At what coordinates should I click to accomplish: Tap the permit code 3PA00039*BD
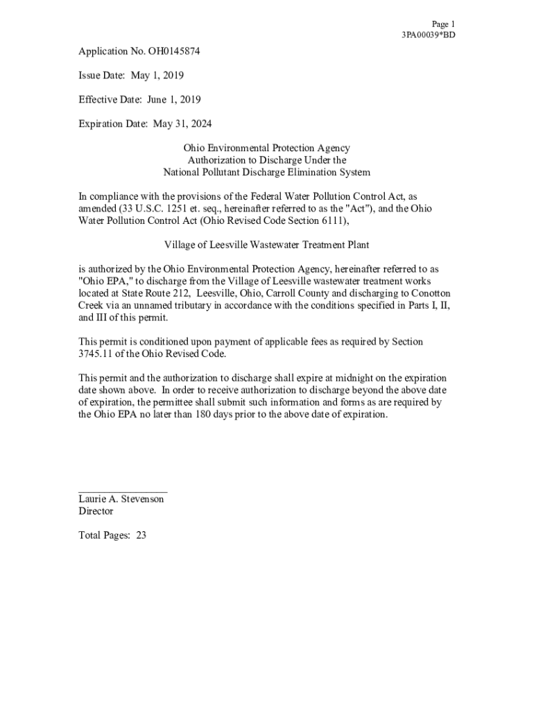point(429,35)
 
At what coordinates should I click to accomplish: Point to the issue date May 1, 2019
point(155,76)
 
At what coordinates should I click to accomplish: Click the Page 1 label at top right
point(443,24)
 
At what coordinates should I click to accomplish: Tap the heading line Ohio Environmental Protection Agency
point(266,148)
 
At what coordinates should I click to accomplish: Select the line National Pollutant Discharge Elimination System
point(266,173)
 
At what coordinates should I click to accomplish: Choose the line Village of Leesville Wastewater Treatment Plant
point(266,245)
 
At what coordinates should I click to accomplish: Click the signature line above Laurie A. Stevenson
point(122,492)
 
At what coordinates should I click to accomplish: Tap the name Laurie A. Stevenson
point(121,499)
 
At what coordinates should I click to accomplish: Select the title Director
point(96,512)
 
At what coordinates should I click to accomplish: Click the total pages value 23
point(141,536)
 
